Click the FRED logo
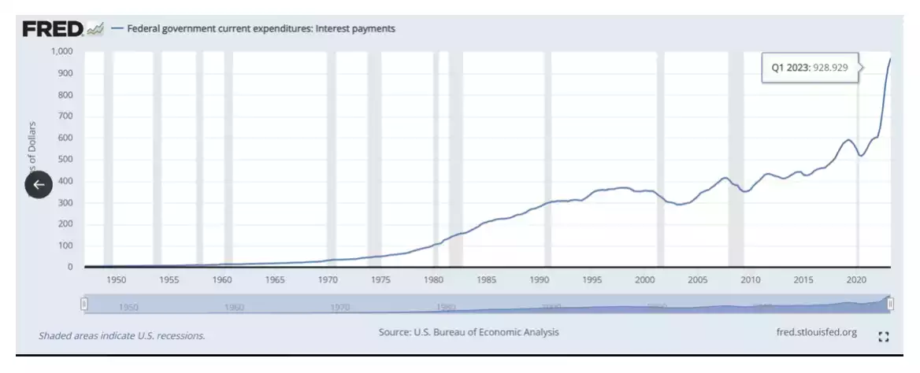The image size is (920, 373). point(54,29)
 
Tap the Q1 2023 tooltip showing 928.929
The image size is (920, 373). point(809,68)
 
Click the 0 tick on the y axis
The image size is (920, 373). point(69,267)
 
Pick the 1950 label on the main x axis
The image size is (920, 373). point(117,279)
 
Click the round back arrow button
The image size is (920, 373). point(39,184)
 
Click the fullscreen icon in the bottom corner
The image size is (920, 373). point(883,336)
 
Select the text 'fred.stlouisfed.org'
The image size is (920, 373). point(816,332)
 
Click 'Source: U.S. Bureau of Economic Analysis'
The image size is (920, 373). point(469,332)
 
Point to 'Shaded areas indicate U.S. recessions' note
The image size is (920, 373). point(122,336)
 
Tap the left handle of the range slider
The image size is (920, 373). point(84,304)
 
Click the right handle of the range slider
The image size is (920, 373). point(891,304)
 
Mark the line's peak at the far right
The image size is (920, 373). point(890,59)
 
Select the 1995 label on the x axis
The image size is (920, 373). point(592,279)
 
